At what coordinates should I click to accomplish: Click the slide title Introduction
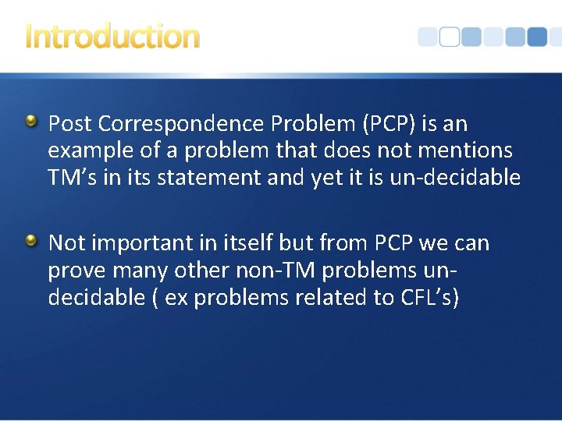tap(112, 36)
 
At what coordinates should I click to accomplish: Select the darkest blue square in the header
tap(537, 37)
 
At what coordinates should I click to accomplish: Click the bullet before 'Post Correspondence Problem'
tap(30, 122)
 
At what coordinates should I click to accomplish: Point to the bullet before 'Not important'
tap(30, 242)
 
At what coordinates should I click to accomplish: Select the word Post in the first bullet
tap(71, 123)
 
